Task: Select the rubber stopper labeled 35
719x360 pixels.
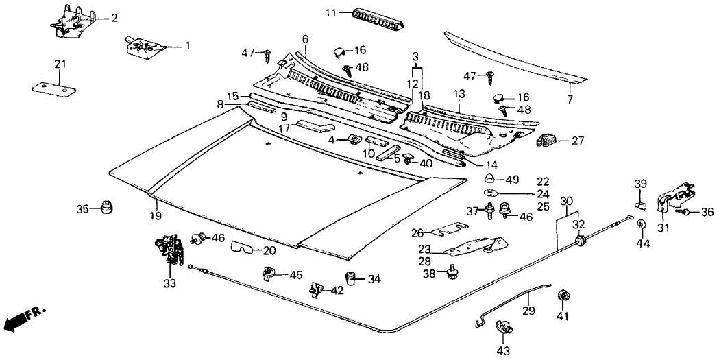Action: (x=106, y=207)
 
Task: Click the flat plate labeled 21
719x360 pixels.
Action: (x=54, y=89)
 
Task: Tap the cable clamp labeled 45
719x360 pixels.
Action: (x=268, y=274)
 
